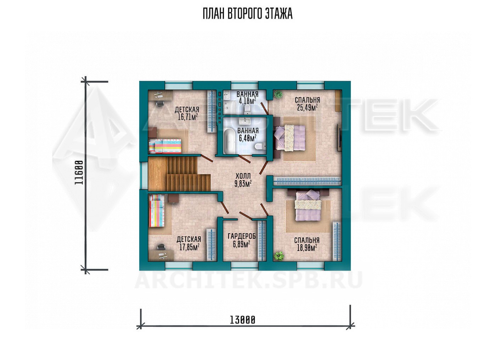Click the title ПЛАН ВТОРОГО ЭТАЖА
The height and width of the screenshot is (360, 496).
point(248,14)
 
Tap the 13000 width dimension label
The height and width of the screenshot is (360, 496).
point(242,320)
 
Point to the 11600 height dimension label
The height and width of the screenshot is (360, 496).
point(79,173)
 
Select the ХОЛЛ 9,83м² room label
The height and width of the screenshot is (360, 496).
point(243,180)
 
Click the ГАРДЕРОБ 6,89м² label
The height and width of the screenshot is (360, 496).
point(242,240)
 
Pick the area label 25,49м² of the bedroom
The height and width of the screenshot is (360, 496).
point(308,108)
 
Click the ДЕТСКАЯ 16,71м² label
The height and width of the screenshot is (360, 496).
point(187,113)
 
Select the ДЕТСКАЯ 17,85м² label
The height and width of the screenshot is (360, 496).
point(189,243)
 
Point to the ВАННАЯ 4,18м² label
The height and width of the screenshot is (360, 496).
point(247,98)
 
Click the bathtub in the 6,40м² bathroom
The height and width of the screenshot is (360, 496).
point(229,142)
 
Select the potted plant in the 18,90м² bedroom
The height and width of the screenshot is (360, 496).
point(279,256)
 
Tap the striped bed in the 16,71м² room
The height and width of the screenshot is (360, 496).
point(165,146)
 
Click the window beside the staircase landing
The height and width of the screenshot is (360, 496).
point(144,176)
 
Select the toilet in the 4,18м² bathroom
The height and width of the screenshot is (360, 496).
point(247,109)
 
